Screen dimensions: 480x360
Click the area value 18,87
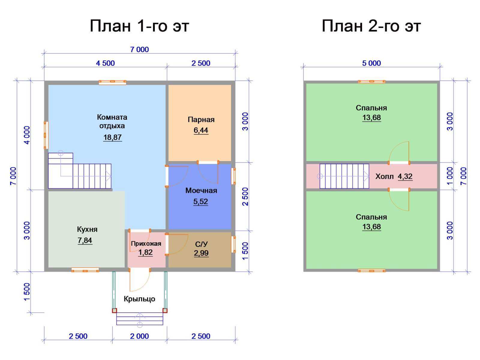[x=112, y=137]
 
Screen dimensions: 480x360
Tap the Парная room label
[x=201, y=120]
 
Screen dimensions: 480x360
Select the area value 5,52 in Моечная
[x=200, y=202]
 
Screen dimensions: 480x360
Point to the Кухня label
[x=87, y=229]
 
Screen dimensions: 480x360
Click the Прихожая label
[x=146, y=244]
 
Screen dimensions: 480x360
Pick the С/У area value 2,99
[x=201, y=253]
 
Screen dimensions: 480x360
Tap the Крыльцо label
[x=139, y=299]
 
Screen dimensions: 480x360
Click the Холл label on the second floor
[x=384, y=176]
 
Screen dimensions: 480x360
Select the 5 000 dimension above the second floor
[x=371, y=63]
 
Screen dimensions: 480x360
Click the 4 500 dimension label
[x=105, y=63]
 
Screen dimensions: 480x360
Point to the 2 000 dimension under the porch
[x=139, y=336]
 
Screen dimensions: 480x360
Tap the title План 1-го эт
[x=139, y=26]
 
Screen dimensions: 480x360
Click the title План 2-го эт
[x=371, y=26]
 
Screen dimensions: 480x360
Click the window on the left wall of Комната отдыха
[x=46, y=135]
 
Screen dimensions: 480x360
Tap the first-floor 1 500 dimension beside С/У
[x=245, y=251]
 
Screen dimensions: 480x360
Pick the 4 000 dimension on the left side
[x=27, y=135]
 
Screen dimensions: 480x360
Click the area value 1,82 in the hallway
[x=145, y=253]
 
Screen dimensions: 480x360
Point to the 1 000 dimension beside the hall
[x=450, y=176]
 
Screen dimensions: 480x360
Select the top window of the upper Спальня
[x=371, y=82]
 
